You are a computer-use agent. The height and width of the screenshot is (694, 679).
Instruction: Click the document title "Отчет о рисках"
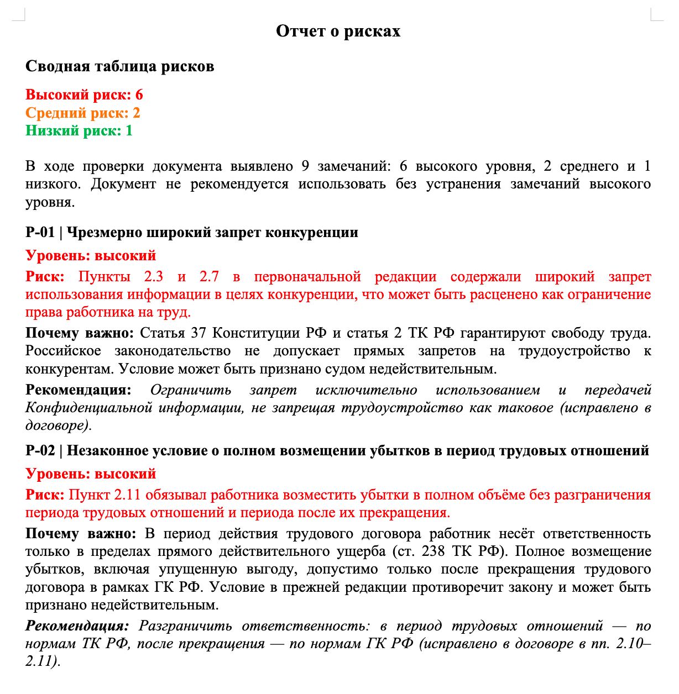tap(338, 31)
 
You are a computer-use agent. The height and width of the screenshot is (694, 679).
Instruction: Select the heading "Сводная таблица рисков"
tap(119, 66)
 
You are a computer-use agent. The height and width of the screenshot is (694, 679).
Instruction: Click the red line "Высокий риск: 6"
tap(84, 95)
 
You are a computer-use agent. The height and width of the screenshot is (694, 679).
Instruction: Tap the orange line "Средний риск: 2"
tap(82, 113)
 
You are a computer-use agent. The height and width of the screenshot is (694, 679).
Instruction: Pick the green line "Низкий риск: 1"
tap(79, 131)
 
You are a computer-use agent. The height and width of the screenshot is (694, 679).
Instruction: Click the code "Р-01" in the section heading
tap(40, 232)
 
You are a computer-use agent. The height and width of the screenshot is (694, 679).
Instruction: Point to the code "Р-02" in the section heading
tap(40, 451)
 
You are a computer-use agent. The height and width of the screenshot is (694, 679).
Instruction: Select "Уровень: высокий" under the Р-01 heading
tap(91, 256)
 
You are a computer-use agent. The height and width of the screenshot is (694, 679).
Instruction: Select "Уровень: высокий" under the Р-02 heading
tap(91, 474)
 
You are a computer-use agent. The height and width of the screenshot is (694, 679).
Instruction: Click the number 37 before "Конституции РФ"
tap(199, 333)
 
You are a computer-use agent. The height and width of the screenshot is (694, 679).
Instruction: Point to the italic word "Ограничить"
tap(191, 390)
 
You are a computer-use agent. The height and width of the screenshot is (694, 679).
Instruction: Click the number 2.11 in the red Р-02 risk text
tap(128, 495)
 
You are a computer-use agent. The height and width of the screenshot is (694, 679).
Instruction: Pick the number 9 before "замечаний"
tap(305, 166)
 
